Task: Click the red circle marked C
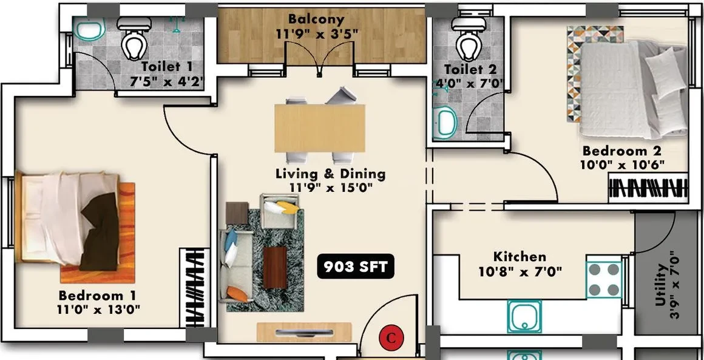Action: [x=391, y=338]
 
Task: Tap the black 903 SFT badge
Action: [x=356, y=267]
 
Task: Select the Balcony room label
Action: [x=317, y=19]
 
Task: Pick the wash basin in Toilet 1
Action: [x=89, y=29]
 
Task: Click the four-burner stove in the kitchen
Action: [x=604, y=280]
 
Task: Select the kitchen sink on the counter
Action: [x=524, y=316]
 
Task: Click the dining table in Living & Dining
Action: [x=320, y=128]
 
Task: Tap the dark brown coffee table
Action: [x=275, y=268]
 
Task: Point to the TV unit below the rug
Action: [x=304, y=333]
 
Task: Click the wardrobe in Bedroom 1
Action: [x=194, y=288]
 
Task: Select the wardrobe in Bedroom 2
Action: [x=648, y=188]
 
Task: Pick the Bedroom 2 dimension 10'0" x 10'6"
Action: [x=622, y=165]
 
